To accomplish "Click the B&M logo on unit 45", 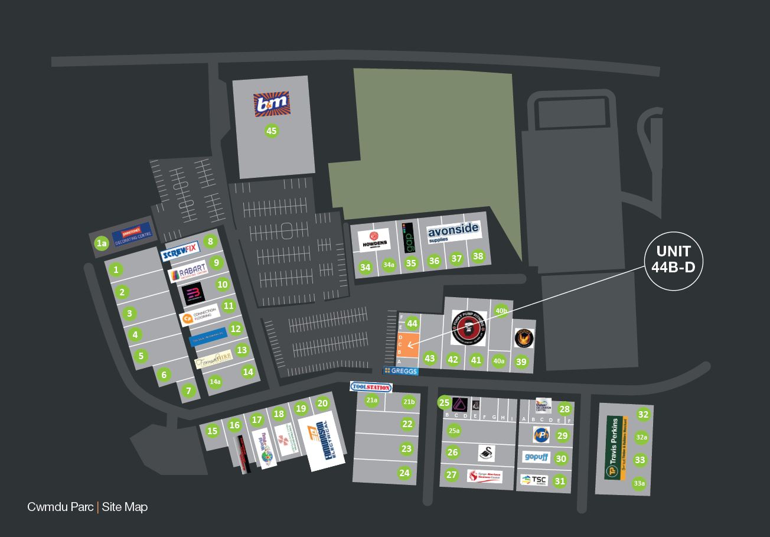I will pos(271,104).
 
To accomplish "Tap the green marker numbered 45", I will pos(271,131).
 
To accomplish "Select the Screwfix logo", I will pos(180,255).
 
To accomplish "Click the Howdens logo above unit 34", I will pos(374,240).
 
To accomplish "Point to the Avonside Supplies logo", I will pos(453,231).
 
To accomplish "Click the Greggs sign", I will pos(401,371).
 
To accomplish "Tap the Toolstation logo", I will pos(371,387).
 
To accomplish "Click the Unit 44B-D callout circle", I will pos(673,260).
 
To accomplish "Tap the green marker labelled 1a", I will pos(102,243).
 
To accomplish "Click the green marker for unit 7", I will pos(188,390).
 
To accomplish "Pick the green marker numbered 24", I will pos(404,473).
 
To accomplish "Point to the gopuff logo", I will pos(536,457).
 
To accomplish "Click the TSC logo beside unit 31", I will pos(534,480).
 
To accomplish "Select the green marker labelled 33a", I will pos(639,483).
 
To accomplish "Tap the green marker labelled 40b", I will pos(501,311).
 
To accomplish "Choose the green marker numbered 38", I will pos(478,256).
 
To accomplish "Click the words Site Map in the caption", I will pos(125,507).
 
